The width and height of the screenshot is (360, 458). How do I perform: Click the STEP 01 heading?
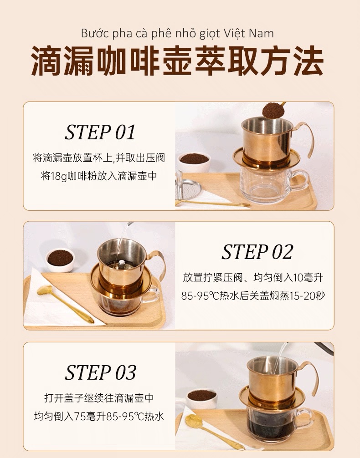(100, 132)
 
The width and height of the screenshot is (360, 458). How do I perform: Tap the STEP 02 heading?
(257, 252)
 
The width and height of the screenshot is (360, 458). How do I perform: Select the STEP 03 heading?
(100, 372)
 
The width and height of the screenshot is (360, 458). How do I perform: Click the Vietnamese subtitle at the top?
(177, 33)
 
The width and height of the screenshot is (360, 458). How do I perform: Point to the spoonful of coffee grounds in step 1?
(271, 110)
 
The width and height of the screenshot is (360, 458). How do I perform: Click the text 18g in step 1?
(58, 176)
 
